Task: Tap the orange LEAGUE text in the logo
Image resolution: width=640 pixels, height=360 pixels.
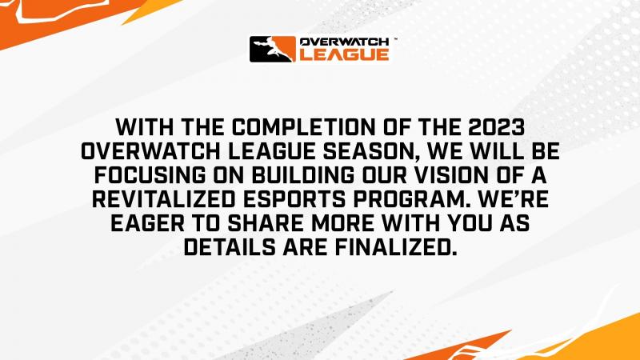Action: click(345, 54)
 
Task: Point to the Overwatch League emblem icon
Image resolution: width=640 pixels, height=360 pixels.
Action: click(274, 49)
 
